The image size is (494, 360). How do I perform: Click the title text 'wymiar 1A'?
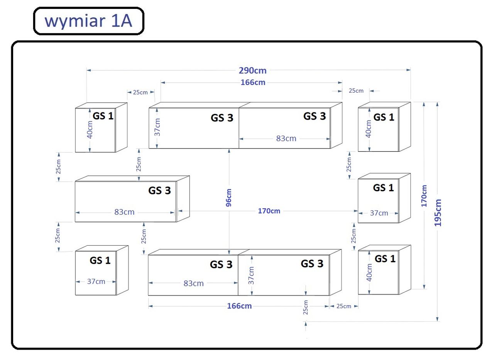click(x=88, y=21)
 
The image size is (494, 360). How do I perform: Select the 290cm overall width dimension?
click(x=252, y=70)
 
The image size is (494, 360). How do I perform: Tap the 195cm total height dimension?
click(x=438, y=212)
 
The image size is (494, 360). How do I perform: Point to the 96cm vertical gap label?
click(x=228, y=198)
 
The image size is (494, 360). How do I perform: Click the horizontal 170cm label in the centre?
click(x=269, y=211)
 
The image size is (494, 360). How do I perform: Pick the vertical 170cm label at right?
click(x=424, y=195)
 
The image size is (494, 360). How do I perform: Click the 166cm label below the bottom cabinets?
click(x=239, y=306)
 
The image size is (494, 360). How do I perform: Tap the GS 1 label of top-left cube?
click(x=103, y=115)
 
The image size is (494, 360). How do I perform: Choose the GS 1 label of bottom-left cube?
click(x=100, y=260)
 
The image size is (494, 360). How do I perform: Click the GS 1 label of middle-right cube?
click(x=383, y=188)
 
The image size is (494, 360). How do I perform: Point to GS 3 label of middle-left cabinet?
click(x=159, y=190)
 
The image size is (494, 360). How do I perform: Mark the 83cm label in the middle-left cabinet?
click(x=124, y=212)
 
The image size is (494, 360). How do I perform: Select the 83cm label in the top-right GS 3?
click(x=286, y=138)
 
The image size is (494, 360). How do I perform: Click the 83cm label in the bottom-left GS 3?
click(x=193, y=283)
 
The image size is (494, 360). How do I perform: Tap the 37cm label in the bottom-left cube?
click(x=96, y=282)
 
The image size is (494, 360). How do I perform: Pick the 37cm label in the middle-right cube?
click(x=379, y=213)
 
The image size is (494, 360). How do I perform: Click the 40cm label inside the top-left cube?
click(x=90, y=129)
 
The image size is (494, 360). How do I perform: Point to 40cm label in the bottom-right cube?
click(x=369, y=272)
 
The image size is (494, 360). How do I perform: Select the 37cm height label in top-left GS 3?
click(x=157, y=127)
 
